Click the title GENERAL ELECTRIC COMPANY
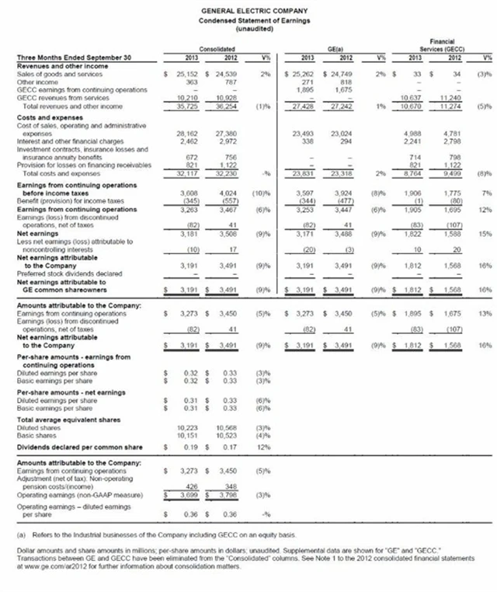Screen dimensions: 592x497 tap(248, 8)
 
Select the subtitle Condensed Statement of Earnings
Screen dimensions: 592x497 tap(248, 16)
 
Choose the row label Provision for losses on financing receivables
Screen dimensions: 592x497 tap(76, 164)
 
